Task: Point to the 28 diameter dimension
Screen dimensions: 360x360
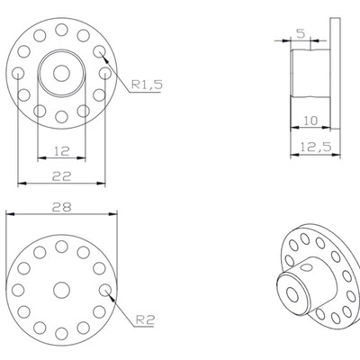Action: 61,206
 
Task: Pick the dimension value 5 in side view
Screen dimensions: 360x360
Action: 300,33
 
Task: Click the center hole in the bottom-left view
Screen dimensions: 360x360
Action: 61,289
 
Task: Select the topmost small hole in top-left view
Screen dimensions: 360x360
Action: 61,30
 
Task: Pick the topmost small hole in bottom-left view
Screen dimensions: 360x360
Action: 61,245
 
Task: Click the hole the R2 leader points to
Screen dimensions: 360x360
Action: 106,290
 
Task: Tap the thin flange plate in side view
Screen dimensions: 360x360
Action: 335,85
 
